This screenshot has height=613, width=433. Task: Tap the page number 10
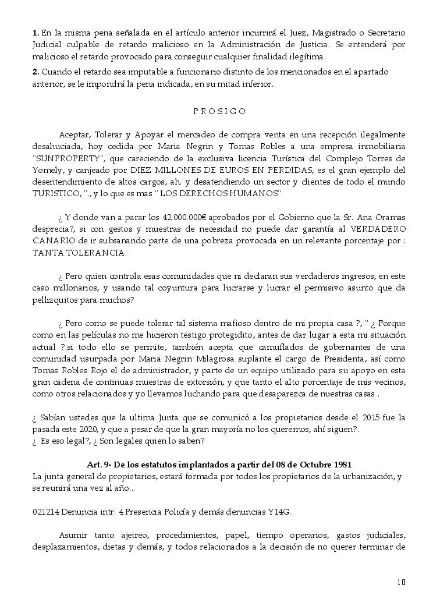click(401, 582)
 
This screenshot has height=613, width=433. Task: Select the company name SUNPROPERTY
click(69, 158)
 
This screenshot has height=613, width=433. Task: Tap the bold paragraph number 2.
click(36, 72)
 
